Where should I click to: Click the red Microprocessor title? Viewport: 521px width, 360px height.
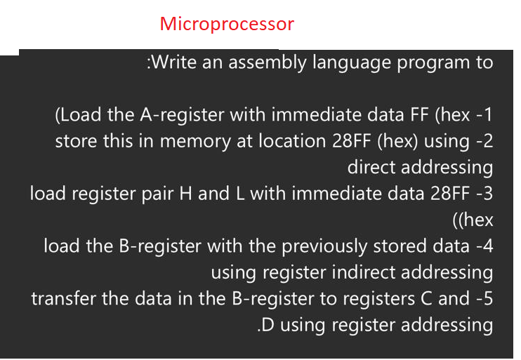click(x=227, y=24)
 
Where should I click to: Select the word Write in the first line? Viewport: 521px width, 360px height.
click(x=175, y=62)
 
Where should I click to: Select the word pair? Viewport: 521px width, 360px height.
click(x=159, y=194)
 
